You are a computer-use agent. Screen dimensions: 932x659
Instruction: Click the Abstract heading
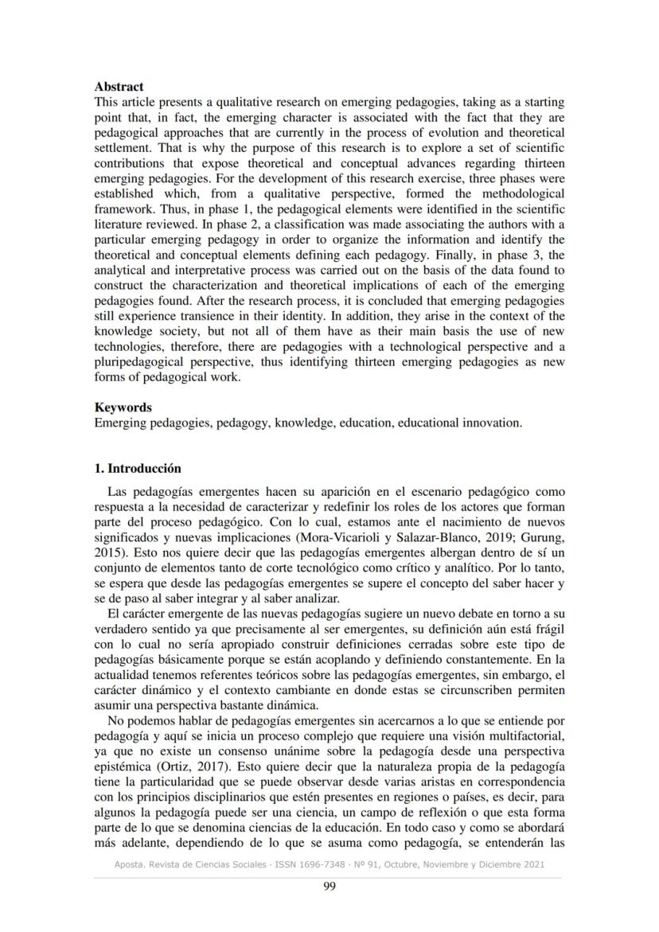coord(119,86)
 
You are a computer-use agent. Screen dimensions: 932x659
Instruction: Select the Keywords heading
coord(123,408)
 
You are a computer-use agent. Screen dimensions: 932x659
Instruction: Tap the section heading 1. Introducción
coord(138,468)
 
